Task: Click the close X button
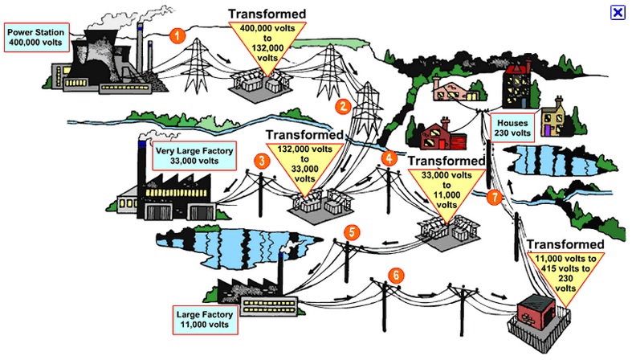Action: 618,12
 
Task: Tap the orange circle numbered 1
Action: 177,35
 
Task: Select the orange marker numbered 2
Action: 343,105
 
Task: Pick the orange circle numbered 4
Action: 390,158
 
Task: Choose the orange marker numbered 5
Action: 351,232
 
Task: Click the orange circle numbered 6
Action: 394,274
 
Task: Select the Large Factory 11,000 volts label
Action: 206,319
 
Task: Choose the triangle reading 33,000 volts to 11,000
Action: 446,190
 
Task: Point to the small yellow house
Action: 554,121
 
